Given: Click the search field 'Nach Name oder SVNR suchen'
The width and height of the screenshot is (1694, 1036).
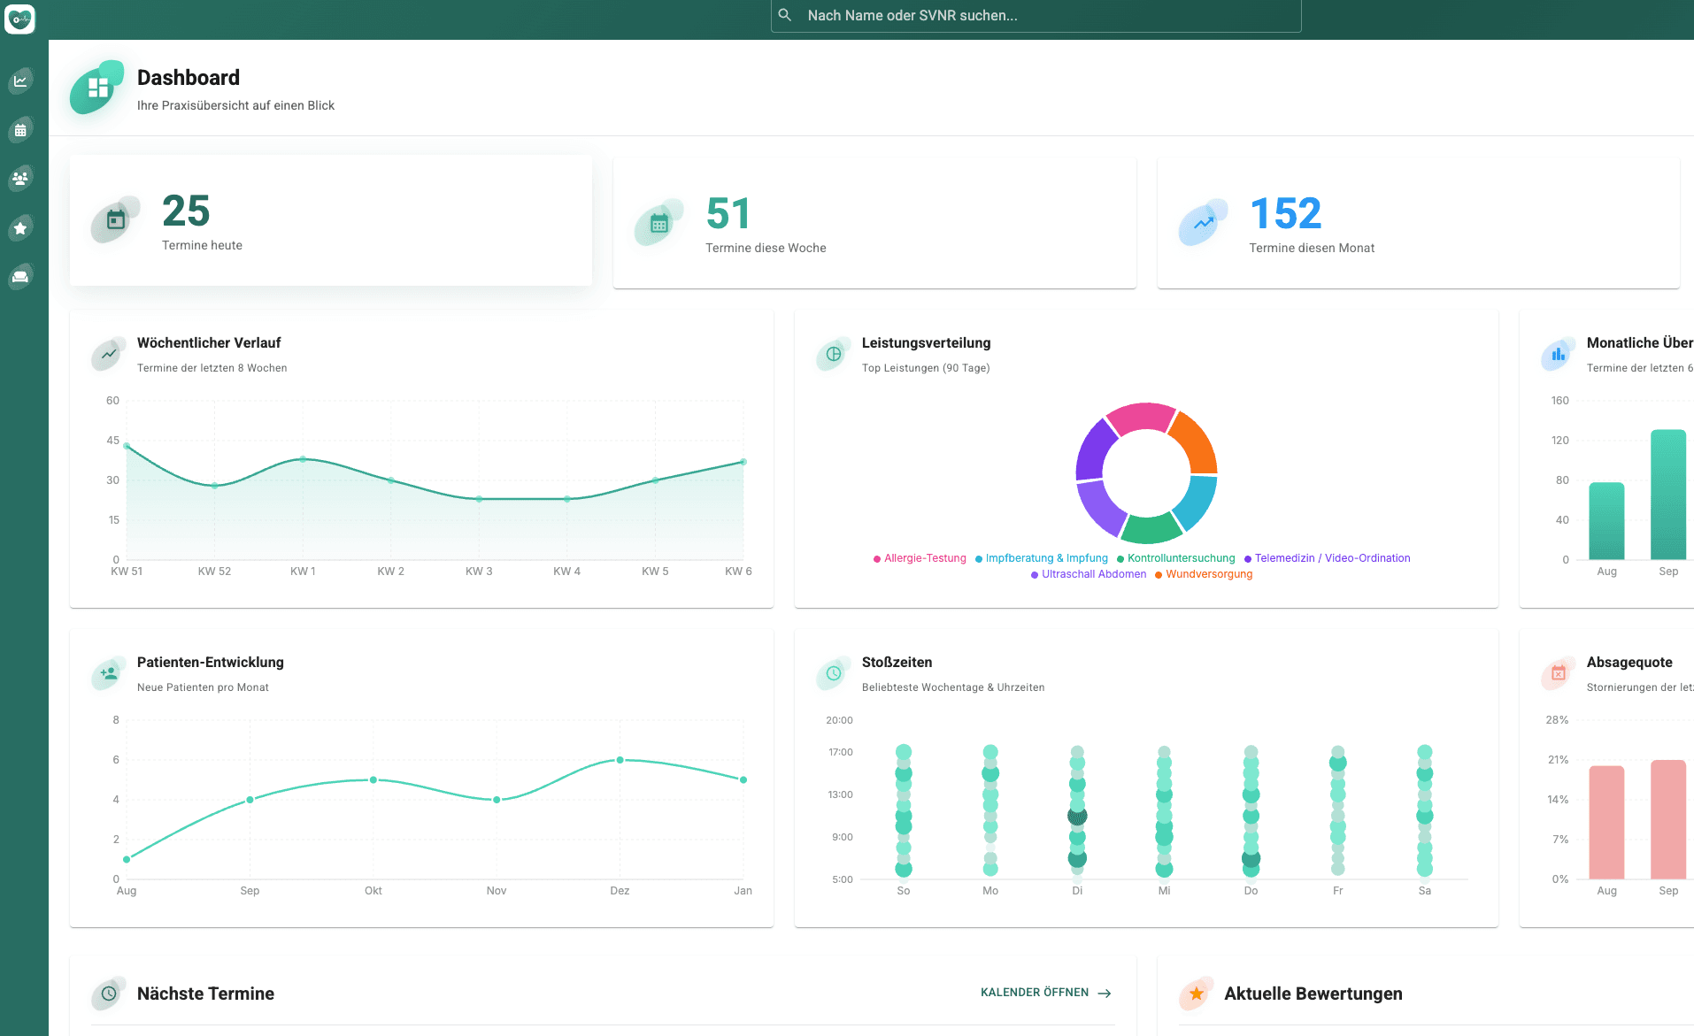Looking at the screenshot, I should click(1036, 16).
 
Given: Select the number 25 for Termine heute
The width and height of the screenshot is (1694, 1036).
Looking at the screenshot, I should click(186, 211).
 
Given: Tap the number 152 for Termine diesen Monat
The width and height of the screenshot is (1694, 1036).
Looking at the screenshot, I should click(1285, 214).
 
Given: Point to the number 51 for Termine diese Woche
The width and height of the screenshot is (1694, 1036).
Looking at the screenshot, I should click(728, 214).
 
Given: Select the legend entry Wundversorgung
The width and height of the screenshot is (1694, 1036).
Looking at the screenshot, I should click(1209, 574).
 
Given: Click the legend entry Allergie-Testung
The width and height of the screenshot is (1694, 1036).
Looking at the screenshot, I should click(925, 558).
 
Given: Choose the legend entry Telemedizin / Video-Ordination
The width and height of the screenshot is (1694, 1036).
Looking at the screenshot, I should click(1332, 558).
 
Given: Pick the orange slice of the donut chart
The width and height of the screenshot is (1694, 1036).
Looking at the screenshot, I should click(1195, 441).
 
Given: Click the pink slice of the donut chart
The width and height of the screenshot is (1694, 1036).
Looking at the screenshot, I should click(1140, 417).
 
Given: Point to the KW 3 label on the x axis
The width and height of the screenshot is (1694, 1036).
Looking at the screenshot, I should click(479, 572).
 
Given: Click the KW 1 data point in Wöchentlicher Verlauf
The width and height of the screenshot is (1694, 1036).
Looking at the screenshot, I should click(303, 459).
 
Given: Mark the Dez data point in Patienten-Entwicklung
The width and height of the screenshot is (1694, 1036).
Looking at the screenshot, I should click(620, 760).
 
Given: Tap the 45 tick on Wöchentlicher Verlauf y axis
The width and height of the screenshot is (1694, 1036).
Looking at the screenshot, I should click(112, 441).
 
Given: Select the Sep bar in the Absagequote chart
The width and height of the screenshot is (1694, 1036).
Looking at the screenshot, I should click(1668, 818).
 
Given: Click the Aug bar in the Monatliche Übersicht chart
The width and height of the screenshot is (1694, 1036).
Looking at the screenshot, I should click(1606, 520).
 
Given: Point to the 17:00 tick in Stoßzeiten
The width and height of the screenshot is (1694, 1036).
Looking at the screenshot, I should click(840, 753).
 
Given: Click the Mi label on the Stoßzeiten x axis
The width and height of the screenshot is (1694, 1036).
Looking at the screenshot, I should click(1164, 891).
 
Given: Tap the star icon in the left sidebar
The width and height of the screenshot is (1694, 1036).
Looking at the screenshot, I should click(20, 228).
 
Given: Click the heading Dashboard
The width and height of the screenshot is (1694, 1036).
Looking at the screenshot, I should click(188, 78).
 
